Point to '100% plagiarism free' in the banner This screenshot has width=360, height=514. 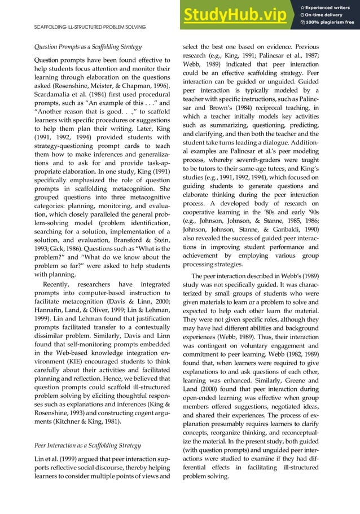(331, 23)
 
